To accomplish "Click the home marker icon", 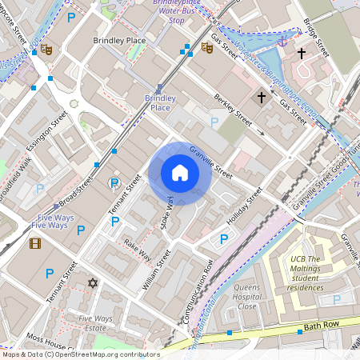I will click(179, 174).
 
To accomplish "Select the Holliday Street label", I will click(244, 206).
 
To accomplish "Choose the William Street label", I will click(157, 270).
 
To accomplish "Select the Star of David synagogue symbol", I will click(92, 282).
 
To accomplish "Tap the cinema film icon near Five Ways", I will click(34, 243).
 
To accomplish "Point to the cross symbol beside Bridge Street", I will click(302, 54).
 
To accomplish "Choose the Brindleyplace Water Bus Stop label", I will click(179, 12).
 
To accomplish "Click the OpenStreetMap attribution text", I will click(81, 354).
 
